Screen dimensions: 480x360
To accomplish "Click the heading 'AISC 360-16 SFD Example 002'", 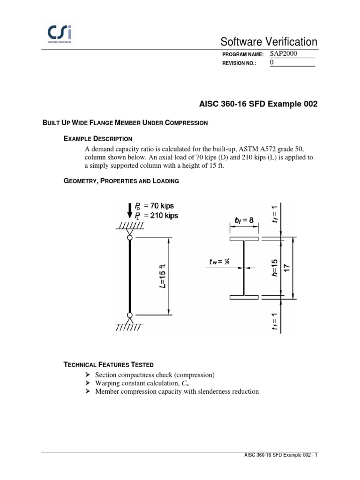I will click(x=255, y=104).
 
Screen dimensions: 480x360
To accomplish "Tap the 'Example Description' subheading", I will click(x=97, y=139).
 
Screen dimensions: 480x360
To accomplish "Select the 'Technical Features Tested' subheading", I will click(x=109, y=365).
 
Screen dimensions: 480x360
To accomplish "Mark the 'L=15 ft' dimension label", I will click(x=162, y=277).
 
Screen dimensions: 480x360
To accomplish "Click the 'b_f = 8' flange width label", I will click(x=245, y=219).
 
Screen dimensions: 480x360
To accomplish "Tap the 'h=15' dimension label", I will click(x=275, y=268).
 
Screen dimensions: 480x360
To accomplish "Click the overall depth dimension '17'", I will click(x=287, y=268).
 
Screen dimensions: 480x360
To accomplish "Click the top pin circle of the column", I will click(x=130, y=238).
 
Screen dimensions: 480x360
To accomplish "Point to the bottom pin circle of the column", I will click(x=130, y=315).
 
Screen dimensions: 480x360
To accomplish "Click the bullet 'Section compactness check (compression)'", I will click(x=155, y=375).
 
